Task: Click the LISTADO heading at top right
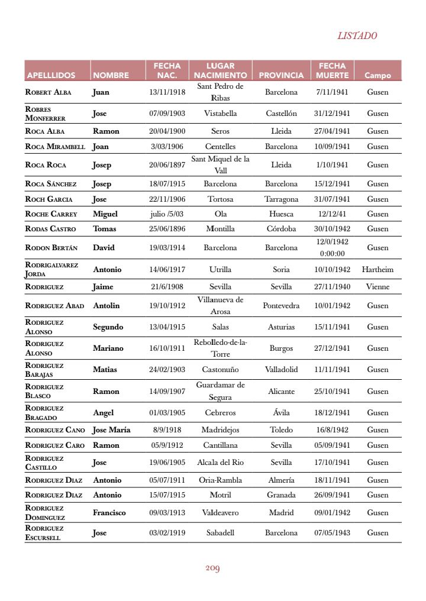tap(357, 35)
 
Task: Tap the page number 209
tap(212, 568)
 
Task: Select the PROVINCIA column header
tap(281, 76)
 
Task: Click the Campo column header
tap(377, 76)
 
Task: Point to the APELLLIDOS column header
tap(51, 76)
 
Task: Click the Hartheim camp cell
tap(377, 269)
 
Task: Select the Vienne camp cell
tap(377, 287)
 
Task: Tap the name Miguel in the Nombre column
tap(105, 214)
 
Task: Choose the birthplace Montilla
tap(220, 229)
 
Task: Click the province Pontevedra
tap(281, 306)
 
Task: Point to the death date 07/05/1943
tap(332, 533)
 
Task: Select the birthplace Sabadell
tap(220, 533)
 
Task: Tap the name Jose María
tap(112, 430)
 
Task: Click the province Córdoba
tap(281, 229)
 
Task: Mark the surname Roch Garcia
tap(49, 199)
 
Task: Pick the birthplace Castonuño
tap(220, 370)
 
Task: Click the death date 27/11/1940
tap(332, 287)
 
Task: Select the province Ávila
tap(281, 413)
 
